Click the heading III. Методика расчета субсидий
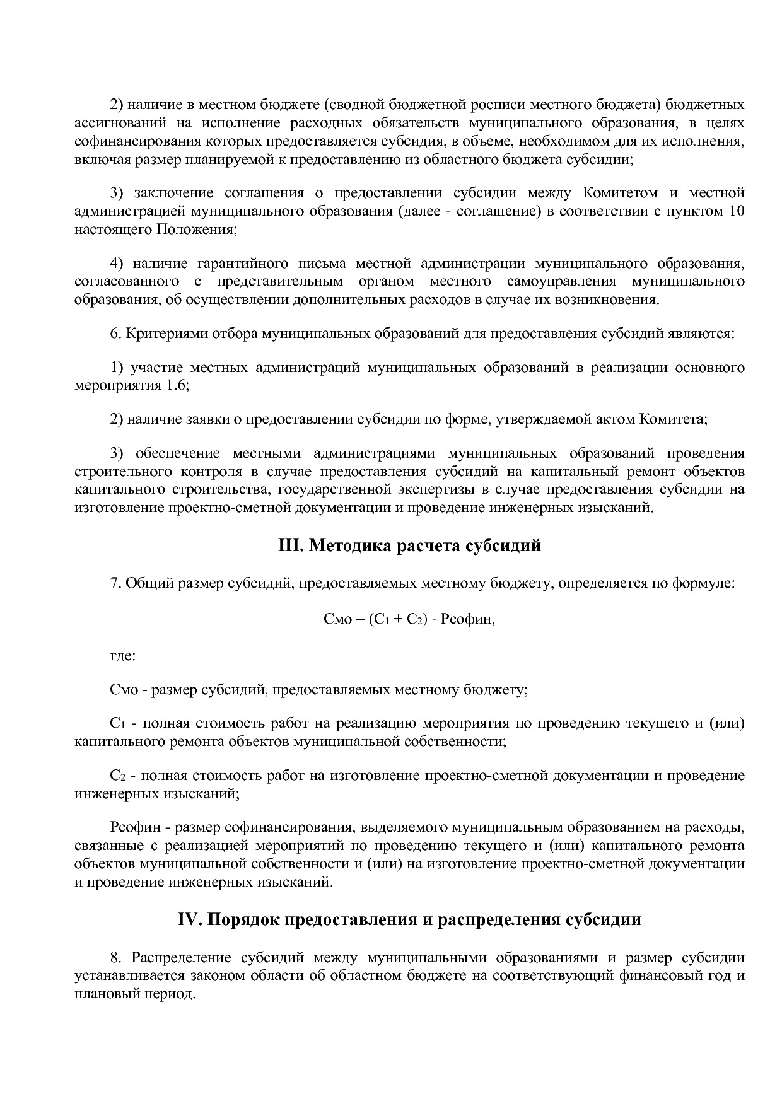[409, 545]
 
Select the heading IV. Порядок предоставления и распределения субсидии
[409, 920]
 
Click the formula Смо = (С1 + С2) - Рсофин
[409, 619]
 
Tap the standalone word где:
[123, 655]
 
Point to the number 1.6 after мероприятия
[177, 385]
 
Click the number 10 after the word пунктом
[736, 211]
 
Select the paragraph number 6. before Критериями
[115, 333]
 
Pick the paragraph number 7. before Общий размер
[115, 583]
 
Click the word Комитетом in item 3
[622, 193]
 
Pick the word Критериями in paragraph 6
[165, 333]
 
